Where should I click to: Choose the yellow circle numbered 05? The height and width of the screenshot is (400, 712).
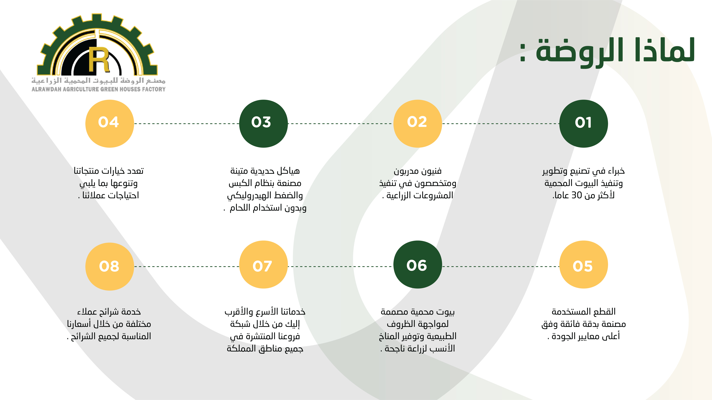(583, 264)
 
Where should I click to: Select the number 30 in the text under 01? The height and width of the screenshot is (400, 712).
(577, 195)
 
